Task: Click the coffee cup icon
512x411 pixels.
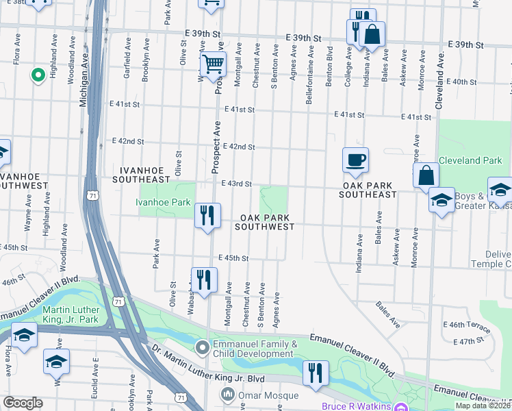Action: (355, 160)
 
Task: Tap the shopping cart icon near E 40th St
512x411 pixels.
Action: (213, 65)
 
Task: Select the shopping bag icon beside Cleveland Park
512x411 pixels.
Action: (426, 175)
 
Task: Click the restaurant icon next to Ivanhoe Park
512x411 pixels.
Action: (207, 215)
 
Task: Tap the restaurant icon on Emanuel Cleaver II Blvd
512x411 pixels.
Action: (316, 373)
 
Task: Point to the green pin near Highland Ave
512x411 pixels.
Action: (38, 75)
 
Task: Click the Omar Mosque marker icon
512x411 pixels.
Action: (227, 395)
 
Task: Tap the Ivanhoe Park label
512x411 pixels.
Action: (162, 203)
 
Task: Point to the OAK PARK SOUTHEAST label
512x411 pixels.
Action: (368, 190)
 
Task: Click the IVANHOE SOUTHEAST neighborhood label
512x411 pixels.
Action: (144, 174)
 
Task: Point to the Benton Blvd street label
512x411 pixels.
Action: (329, 66)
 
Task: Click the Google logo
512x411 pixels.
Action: (23, 403)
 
